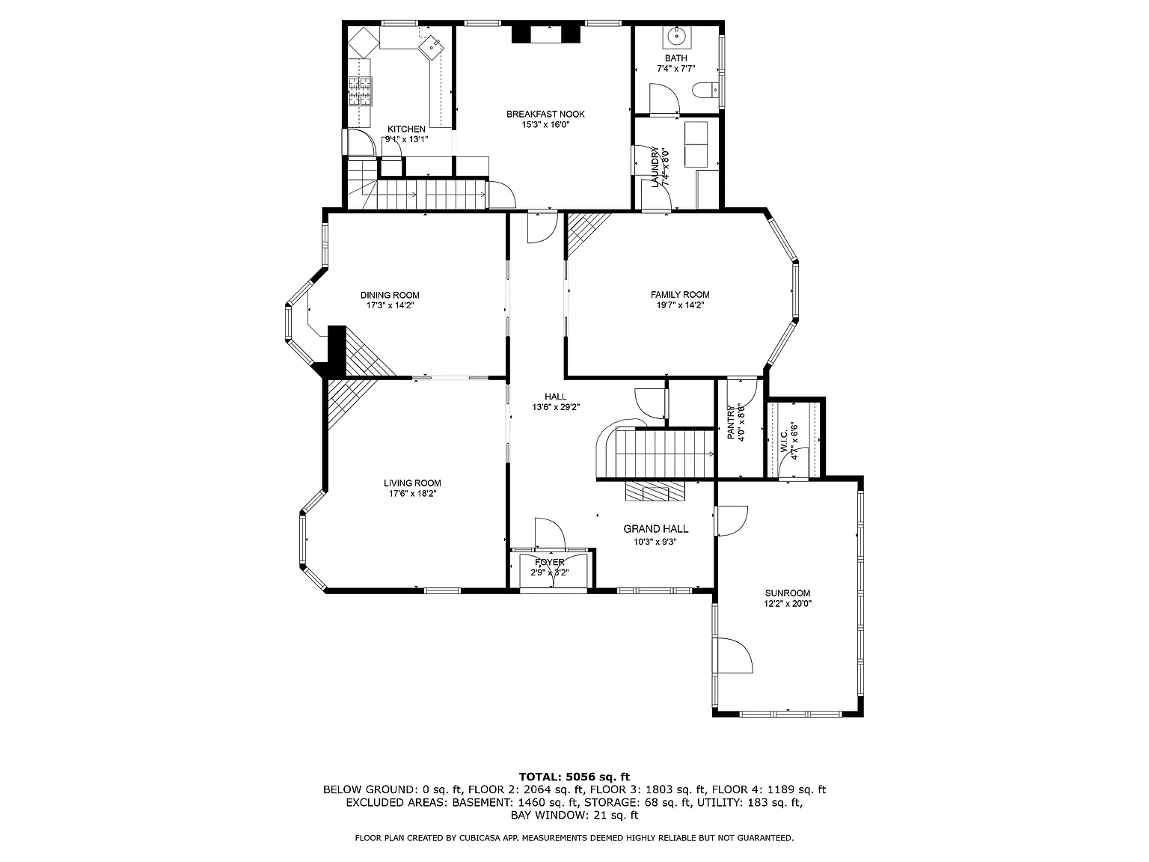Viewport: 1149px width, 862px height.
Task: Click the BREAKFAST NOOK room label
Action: (545, 114)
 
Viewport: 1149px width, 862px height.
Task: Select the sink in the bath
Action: (676, 35)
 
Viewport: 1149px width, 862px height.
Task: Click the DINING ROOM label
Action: (390, 295)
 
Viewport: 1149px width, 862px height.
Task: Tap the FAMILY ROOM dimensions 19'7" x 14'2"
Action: (680, 305)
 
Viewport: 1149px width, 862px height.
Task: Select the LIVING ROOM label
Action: (412, 483)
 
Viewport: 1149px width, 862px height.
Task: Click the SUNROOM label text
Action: (787, 593)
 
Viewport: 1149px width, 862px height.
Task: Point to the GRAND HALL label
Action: (656, 529)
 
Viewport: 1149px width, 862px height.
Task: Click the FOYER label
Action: (550, 563)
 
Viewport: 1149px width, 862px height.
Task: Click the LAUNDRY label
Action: (655, 166)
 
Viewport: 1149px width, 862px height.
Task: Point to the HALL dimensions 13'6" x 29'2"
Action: (556, 407)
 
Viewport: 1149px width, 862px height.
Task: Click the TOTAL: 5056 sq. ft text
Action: (574, 777)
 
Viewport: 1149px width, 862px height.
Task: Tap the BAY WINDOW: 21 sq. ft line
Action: (574, 815)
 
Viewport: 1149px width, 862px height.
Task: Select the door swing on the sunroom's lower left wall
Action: (733, 656)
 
